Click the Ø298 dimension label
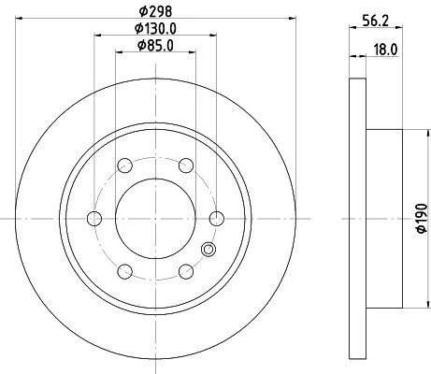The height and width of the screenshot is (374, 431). (x=155, y=11)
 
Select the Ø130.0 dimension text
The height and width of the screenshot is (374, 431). (x=155, y=29)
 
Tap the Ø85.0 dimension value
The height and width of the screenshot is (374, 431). (x=155, y=46)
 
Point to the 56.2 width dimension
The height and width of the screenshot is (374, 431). (x=376, y=22)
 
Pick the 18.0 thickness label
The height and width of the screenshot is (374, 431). (x=386, y=50)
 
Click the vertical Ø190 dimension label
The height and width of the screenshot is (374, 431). (x=422, y=218)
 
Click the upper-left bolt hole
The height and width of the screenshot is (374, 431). (x=125, y=165)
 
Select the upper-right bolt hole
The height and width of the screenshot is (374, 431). (x=186, y=165)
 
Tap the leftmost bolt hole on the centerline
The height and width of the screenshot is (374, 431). (x=94, y=218)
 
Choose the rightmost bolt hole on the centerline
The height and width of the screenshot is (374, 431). (x=217, y=218)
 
